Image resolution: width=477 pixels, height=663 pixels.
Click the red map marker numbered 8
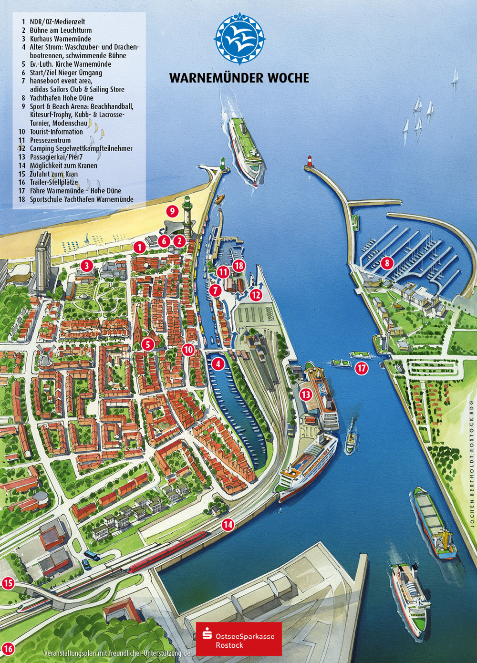point(387,262)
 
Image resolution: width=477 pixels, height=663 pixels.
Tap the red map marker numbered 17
point(362,368)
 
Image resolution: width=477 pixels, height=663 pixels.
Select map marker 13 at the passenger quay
point(306,394)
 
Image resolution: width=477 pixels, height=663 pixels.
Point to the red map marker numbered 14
point(228,525)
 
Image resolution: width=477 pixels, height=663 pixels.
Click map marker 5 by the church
point(148,344)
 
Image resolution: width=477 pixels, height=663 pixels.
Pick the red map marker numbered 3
point(86,265)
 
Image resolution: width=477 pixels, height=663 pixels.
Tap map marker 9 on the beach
point(172,210)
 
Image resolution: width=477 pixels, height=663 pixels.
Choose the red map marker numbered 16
point(8,649)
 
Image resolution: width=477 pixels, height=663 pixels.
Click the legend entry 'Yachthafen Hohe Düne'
point(61,98)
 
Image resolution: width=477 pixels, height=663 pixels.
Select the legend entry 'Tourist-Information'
point(56,132)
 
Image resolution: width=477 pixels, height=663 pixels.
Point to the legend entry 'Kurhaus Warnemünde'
point(60,39)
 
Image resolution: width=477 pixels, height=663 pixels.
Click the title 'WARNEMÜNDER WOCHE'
point(239,78)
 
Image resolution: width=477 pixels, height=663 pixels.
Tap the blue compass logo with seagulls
point(239,39)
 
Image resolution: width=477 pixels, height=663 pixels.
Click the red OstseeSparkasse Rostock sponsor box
point(239,639)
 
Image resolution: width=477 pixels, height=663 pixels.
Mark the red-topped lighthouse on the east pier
point(309,162)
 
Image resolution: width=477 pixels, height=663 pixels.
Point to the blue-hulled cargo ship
point(434,525)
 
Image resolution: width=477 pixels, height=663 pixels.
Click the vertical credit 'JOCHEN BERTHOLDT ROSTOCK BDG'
point(472,463)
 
